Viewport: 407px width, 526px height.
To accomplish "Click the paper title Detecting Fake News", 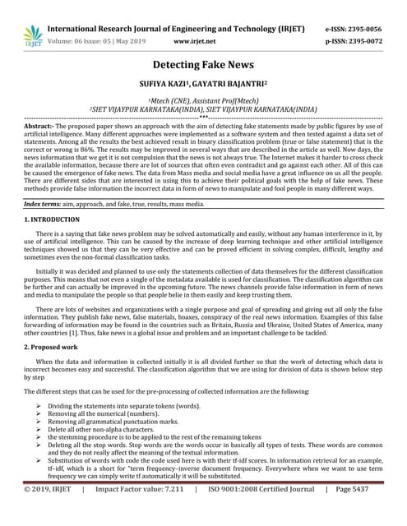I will click(x=203, y=65).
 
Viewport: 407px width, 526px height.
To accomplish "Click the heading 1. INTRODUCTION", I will click(x=52, y=220).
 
